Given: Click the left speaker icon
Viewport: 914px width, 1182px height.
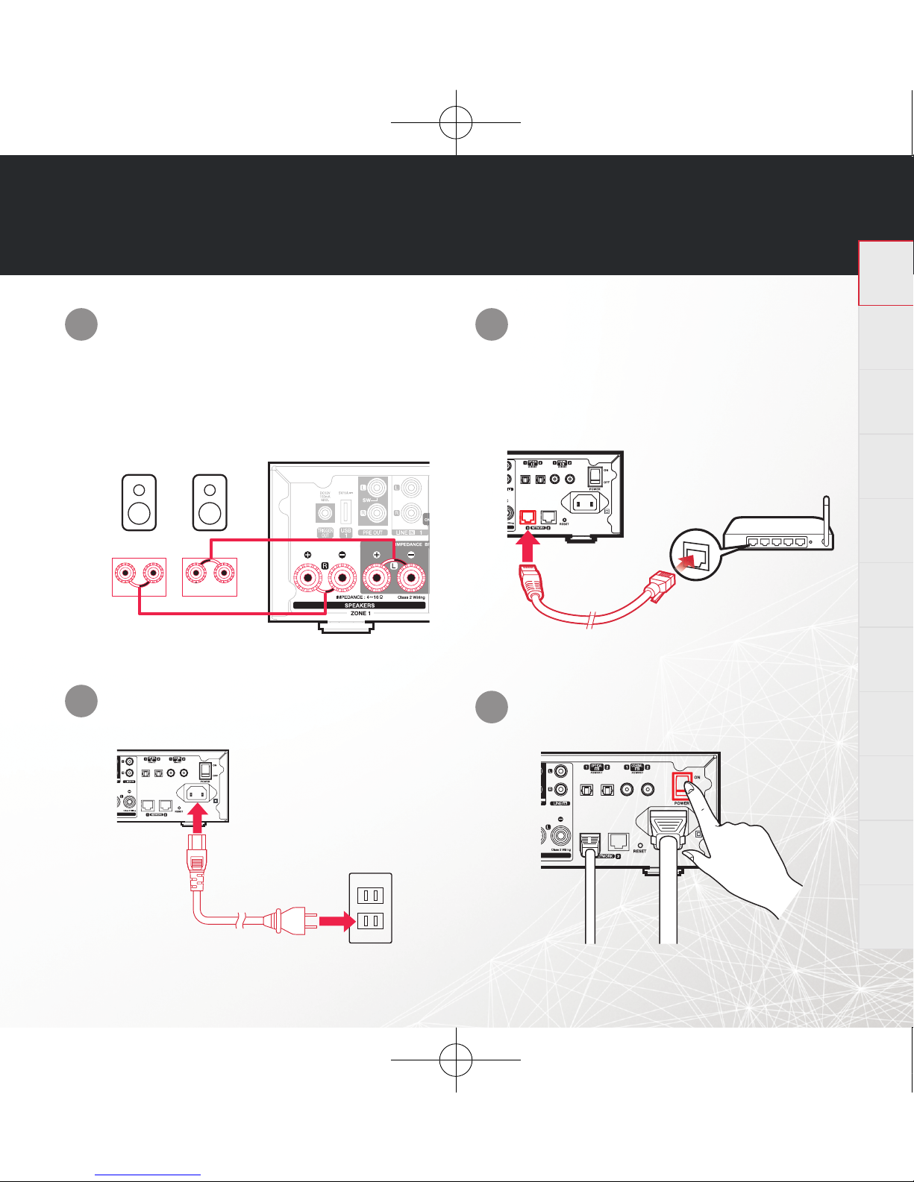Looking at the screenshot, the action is tap(140, 503).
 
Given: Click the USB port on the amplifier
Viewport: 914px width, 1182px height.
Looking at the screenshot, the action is tap(345, 512).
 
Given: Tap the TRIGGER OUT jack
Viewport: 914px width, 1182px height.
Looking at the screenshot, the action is tap(325, 513).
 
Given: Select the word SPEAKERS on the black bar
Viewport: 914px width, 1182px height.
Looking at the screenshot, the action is tap(360, 606).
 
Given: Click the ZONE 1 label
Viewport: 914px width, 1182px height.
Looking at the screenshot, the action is tap(360, 614).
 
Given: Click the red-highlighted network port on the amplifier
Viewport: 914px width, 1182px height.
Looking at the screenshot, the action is tap(528, 516).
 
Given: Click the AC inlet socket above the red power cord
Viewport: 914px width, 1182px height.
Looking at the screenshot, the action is tap(196, 793).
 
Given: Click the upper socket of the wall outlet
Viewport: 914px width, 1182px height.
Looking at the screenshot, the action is tap(371, 894).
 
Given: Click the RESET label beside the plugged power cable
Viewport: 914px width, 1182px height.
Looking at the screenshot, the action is tap(639, 850).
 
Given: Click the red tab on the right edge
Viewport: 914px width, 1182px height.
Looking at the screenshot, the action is tap(886, 273).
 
